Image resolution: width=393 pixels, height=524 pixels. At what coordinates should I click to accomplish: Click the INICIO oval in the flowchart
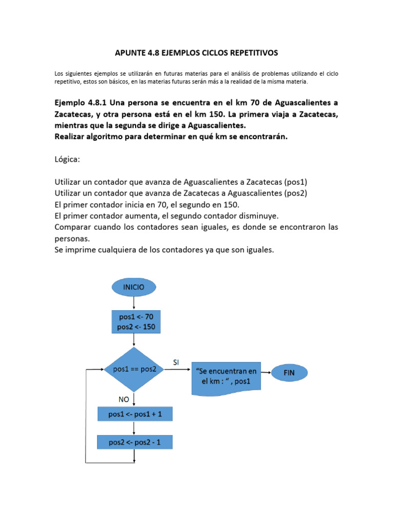click(x=133, y=287)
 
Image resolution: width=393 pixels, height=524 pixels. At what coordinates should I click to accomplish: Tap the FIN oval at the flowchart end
click(x=289, y=373)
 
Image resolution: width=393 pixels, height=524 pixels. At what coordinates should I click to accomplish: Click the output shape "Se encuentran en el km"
click(x=226, y=378)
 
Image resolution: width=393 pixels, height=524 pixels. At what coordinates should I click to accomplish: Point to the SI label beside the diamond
click(x=176, y=362)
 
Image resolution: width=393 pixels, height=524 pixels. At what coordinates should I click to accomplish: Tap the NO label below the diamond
click(x=124, y=400)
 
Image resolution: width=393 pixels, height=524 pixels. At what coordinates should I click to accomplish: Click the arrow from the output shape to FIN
click(x=266, y=373)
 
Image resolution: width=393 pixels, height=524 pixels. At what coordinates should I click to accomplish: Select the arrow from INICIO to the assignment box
click(x=133, y=304)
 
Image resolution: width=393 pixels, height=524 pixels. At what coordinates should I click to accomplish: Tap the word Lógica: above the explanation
click(x=67, y=160)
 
